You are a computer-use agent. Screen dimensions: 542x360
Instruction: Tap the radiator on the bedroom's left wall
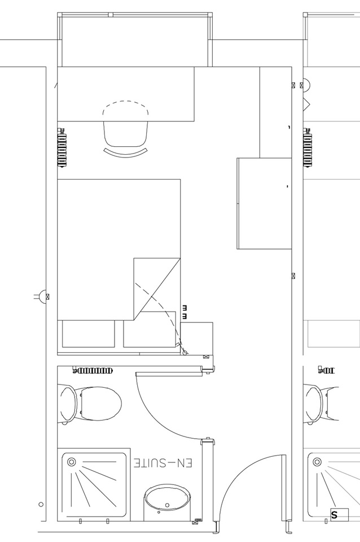62,148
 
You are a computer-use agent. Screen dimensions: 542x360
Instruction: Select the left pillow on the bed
87,334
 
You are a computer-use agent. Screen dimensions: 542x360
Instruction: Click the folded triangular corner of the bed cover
156,285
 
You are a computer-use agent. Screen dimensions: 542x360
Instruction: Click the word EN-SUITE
163,463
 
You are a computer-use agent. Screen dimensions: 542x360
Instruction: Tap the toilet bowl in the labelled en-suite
98,404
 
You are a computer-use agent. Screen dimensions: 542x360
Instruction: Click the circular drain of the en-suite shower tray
71,462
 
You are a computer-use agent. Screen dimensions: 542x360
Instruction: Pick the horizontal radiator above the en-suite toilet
93,371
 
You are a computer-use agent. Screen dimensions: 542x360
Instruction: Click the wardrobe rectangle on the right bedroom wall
264,203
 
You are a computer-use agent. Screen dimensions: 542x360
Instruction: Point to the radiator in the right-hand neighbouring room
308,148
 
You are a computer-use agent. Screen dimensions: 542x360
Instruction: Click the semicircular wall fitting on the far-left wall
41,296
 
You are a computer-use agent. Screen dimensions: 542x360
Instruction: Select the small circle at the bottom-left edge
41,504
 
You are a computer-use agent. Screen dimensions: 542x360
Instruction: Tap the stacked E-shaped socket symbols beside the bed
185,312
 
